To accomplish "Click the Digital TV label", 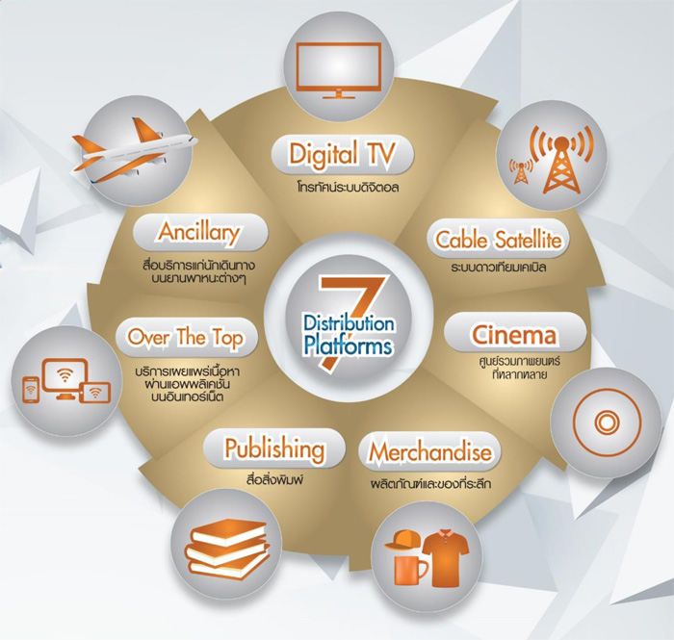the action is (x=342, y=154).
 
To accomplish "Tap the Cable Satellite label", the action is (x=499, y=240).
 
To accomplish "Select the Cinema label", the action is (x=514, y=335).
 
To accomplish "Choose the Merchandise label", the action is (x=430, y=452).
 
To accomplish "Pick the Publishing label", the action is (x=274, y=449).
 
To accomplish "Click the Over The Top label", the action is (x=185, y=338).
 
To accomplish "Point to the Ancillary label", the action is (x=199, y=232).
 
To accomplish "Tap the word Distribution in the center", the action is (x=349, y=323).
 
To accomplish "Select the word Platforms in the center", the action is (x=348, y=346).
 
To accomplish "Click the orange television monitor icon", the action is (x=339, y=70).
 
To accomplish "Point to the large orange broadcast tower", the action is (x=561, y=160).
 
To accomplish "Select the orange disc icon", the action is (x=607, y=422).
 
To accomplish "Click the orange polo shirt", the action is (x=445, y=557).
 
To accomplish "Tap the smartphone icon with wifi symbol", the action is (x=31, y=390).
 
